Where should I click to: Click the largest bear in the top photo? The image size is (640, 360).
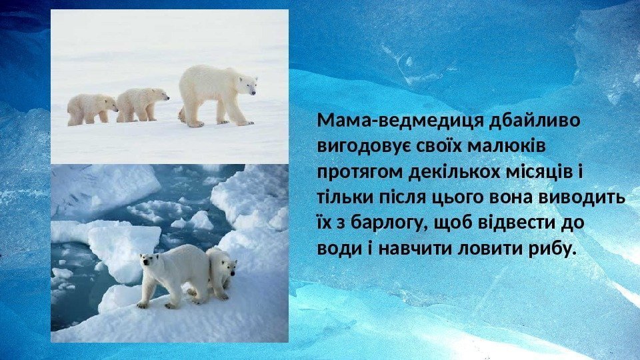click(x=213, y=93)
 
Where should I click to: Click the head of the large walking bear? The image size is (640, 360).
click(x=247, y=85)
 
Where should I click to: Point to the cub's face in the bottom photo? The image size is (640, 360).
click(x=229, y=267)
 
